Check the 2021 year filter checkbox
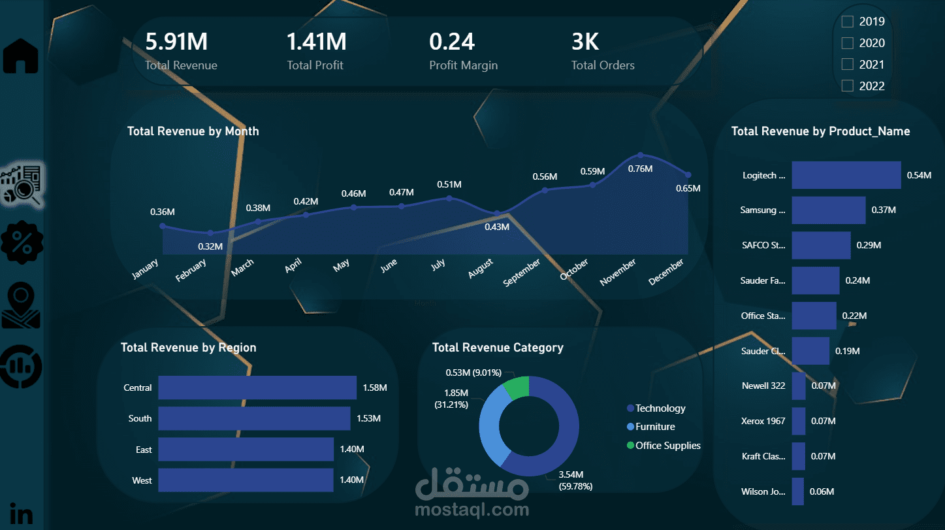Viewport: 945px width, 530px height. tap(847, 64)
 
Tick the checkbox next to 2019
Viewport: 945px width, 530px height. tap(847, 22)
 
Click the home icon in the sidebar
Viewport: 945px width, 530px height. tap(21, 56)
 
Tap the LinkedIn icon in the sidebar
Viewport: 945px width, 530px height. tap(22, 514)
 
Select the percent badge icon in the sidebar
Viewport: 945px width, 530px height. tap(22, 242)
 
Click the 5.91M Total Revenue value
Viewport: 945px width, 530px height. tap(176, 42)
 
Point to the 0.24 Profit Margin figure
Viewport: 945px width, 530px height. tap(452, 42)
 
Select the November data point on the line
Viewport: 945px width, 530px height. tap(641, 155)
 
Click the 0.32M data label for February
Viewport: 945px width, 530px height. tap(210, 247)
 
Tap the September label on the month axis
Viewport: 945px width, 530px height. tap(522, 273)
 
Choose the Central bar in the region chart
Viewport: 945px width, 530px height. tap(257, 388)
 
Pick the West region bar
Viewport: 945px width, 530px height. tap(246, 480)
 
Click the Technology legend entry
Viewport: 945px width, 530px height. tap(660, 408)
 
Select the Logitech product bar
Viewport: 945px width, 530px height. tap(846, 175)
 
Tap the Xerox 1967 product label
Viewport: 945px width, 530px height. tap(763, 421)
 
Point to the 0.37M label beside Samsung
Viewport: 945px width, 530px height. tap(884, 210)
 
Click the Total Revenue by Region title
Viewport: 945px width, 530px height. tap(188, 348)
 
